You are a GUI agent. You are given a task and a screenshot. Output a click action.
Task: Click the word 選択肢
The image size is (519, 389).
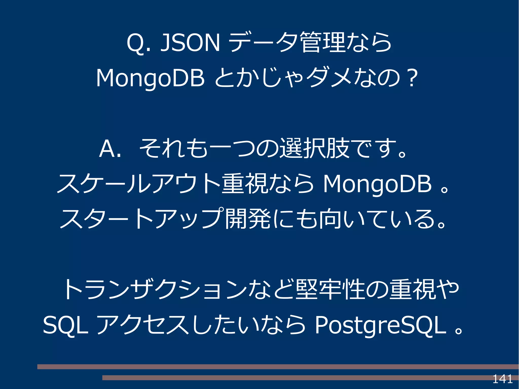pyautogui.click(x=314, y=149)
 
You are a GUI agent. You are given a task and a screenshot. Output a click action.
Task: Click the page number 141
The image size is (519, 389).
pyautogui.click(x=502, y=379)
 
